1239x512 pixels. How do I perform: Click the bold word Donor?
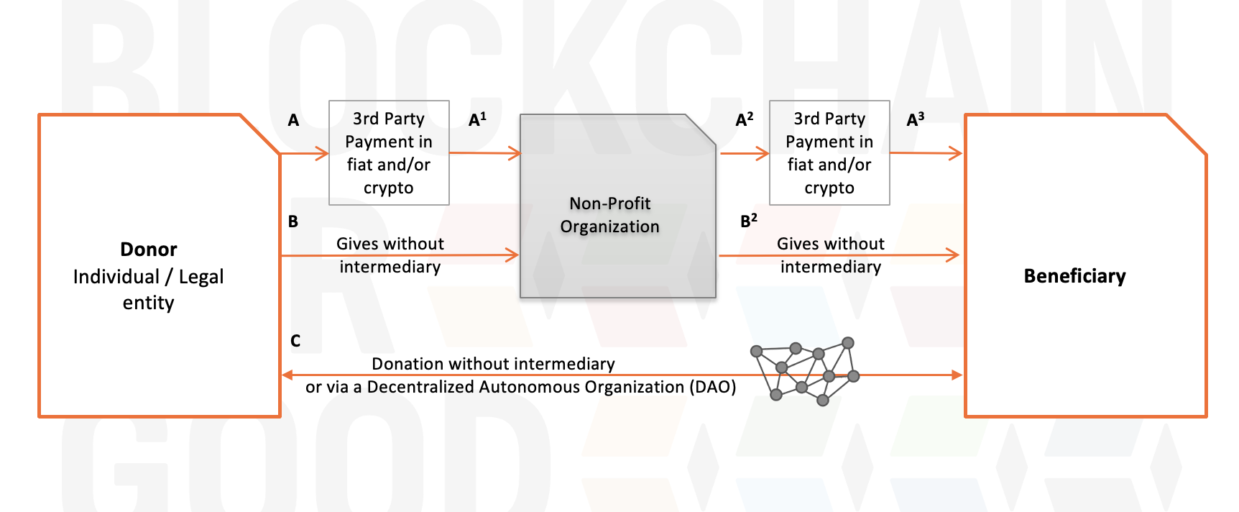[x=148, y=250]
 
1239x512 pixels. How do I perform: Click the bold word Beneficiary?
[x=1074, y=276]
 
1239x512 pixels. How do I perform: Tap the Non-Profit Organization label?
[x=609, y=215]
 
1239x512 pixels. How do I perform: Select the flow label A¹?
[x=477, y=119]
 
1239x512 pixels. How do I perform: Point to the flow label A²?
[x=745, y=119]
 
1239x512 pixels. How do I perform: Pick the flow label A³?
[x=916, y=119]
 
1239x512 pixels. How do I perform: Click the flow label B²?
[x=749, y=221]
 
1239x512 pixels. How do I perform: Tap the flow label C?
[x=295, y=341]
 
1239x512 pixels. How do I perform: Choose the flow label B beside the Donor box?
[x=293, y=221]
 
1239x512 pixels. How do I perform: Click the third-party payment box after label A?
[x=389, y=152]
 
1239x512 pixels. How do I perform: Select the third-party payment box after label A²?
[x=829, y=152]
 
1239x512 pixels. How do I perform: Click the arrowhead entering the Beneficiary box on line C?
[x=957, y=375]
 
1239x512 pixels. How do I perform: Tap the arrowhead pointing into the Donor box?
[x=287, y=375]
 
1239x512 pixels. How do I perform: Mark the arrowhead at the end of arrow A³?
[x=956, y=153]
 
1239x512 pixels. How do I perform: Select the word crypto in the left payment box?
[x=388, y=188]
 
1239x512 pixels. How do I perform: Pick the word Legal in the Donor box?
[x=201, y=277]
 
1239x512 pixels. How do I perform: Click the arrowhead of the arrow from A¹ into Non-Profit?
[x=515, y=153]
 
